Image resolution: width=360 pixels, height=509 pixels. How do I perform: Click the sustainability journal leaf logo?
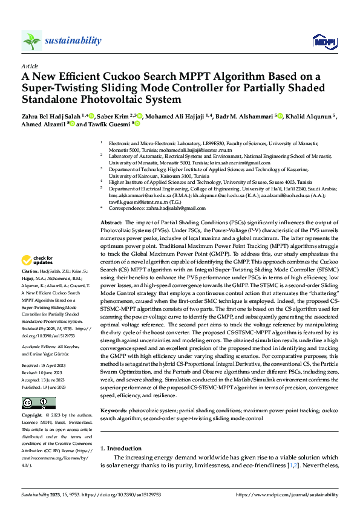point(31,41)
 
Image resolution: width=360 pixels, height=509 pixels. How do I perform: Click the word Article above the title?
point(29,66)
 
